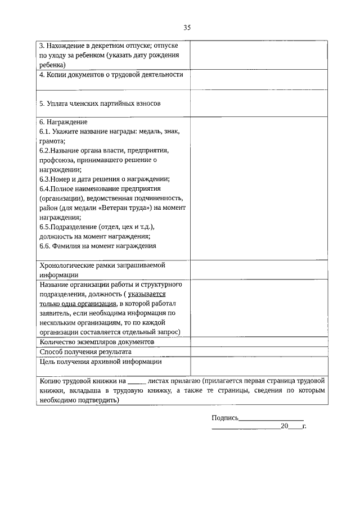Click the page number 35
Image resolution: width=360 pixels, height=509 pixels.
(x=187, y=28)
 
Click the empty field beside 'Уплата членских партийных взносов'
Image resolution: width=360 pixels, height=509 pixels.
(x=259, y=104)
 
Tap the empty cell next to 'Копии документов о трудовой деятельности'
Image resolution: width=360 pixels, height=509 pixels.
(x=259, y=79)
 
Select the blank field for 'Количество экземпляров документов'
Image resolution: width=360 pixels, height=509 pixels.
(x=259, y=342)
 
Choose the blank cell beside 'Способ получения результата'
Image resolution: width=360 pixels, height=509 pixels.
(x=259, y=352)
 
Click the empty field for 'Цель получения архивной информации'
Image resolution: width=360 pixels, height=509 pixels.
(x=259, y=366)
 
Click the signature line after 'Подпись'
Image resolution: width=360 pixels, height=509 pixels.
(x=271, y=418)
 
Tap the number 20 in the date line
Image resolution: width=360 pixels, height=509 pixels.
(x=284, y=427)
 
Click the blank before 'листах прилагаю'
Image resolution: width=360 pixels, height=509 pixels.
(x=137, y=382)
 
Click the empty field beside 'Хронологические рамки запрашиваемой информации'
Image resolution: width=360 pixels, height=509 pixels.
(x=259, y=270)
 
